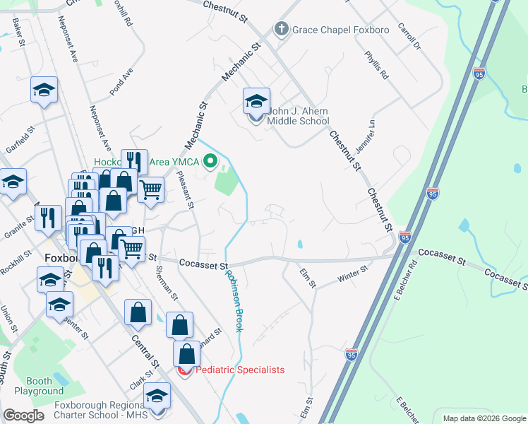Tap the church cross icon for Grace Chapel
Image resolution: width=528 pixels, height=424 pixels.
[x=281, y=30]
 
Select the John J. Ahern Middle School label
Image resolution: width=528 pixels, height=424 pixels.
[x=298, y=116]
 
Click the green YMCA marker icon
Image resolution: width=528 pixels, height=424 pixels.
[x=210, y=163]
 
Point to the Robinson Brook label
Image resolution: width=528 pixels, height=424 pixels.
[x=234, y=302]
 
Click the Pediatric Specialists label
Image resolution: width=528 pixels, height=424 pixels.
[x=239, y=370]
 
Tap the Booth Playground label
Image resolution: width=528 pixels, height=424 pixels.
[x=40, y=386]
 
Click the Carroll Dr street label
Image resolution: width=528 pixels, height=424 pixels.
[x=409, y=39]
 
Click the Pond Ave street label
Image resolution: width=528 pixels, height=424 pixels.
[x=121, y=82]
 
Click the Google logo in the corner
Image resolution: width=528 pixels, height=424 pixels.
[x=23, y=416]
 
